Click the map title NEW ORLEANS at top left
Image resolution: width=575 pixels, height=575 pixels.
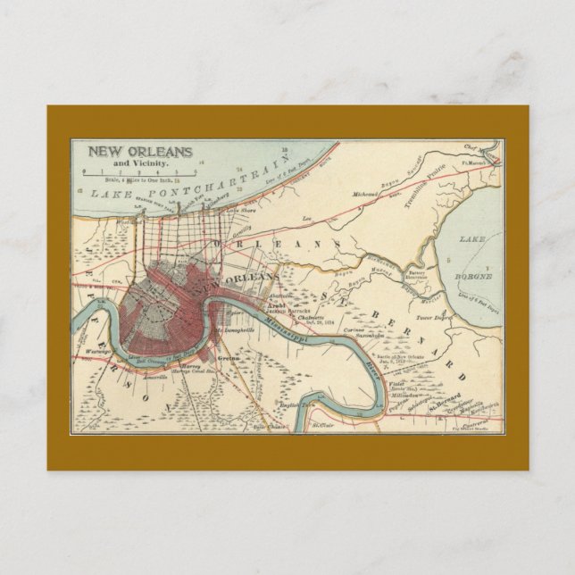[x=138, y=152]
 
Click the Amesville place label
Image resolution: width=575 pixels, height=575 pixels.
[x=151, y=378]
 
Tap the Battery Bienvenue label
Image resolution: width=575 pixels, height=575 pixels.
[x=416, y=275]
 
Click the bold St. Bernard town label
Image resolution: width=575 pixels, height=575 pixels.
[x=444, y=396]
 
